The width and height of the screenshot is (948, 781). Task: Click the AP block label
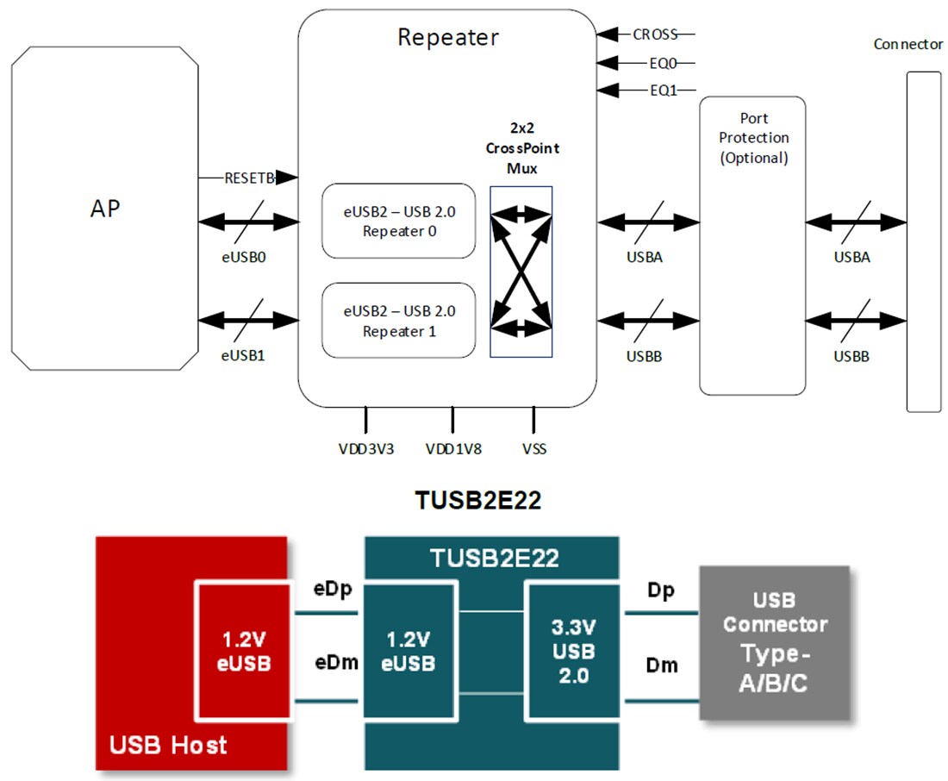pyautogui.click(x=105, y=210)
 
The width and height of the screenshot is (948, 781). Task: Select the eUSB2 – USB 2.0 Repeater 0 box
pyautogui.click(x=397, y=221)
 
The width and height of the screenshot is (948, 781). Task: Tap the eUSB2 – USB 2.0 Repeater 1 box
pyautogui.click(x=397, y=320)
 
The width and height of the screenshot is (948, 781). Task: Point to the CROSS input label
pyautogui.click(x=656, y=34)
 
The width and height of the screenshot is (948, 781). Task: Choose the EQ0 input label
pyautogui.click(x=662, y=63)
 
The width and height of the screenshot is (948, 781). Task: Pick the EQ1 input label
pyautogui.click(x=662, y=90)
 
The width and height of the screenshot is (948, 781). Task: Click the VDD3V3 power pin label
pyautogui.click(x=366, y=448)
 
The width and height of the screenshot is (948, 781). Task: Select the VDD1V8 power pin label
pyautogui.click(x=453, y=448)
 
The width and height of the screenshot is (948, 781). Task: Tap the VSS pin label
pyautogui.click(x=533, y=448)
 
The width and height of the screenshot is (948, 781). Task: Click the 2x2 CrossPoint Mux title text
pyautogui.click(x=521, y=147)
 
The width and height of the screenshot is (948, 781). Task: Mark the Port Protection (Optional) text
pyautogui.click(x=752, y=137)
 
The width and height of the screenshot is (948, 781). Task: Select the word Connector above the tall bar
pyautogui.click(x=907, y=44)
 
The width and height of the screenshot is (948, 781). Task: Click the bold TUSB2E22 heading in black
pyautogui.click(x=477, y=501)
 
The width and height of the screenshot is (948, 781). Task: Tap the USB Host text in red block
pyautogui.click(x=168, y=743)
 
